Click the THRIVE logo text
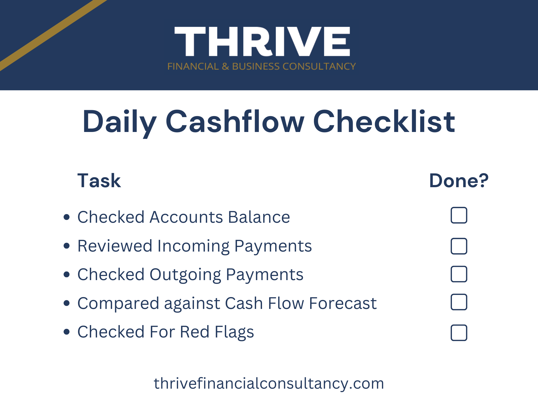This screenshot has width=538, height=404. [x=262, y=41]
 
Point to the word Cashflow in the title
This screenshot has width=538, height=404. [x=235, y=121]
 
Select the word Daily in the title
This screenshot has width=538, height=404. [x=119, y=123]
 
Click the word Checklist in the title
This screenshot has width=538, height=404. [x=384, y=121]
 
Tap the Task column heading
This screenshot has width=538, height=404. [x=99, y=180]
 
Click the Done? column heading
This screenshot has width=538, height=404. [x=459, y=180]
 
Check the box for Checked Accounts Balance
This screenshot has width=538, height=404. [x=459, y=215]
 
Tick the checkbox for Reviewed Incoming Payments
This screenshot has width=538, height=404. [x=459, y=246]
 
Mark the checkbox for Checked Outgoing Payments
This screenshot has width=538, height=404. [x=459, y=274]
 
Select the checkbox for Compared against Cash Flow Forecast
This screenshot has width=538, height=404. [x=459, y=302]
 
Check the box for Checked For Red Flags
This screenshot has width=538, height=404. [x=459, y=333]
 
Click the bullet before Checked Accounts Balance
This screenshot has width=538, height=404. [x=67, y=217]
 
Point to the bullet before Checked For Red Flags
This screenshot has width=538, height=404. [x=67, y=332]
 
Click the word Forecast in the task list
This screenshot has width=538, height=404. [x=343, y=303]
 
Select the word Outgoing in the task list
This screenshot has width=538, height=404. [x=185, y=275]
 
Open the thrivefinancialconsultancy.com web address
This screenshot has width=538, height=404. [x=269, y=384]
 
